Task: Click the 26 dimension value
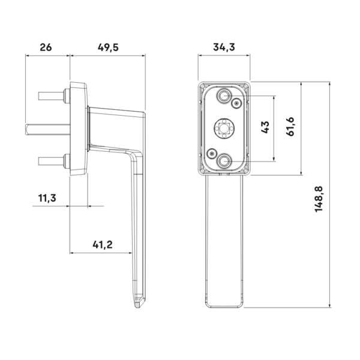pyautogui.click(x=46, y=47)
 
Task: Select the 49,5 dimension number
pyautogui.click(x=108, y=47)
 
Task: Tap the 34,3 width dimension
pyautogui.click(x=224, y=47)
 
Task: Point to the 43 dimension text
pyautogui.click(x=265, y=127)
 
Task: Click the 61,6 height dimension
pyautogui.click(x=290, y=127)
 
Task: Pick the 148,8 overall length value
pyautogui.click(x=319, y=199)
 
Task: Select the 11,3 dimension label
pyautogui.click(x=47, y=198)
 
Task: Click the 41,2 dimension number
pyautogui.click(x=103, y=245)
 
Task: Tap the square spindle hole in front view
pyautogui.click(x=224, y=128)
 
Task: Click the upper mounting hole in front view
pyautogui.click(x=223, y=95)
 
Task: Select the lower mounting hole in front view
pyautogui.click(x=223, y=161)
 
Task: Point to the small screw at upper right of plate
pyautogui.click(x=237, y=104)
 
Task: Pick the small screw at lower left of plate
pyautogui.click(x=211, y=153)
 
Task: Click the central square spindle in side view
pyautogui.click(x=48, y=130)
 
